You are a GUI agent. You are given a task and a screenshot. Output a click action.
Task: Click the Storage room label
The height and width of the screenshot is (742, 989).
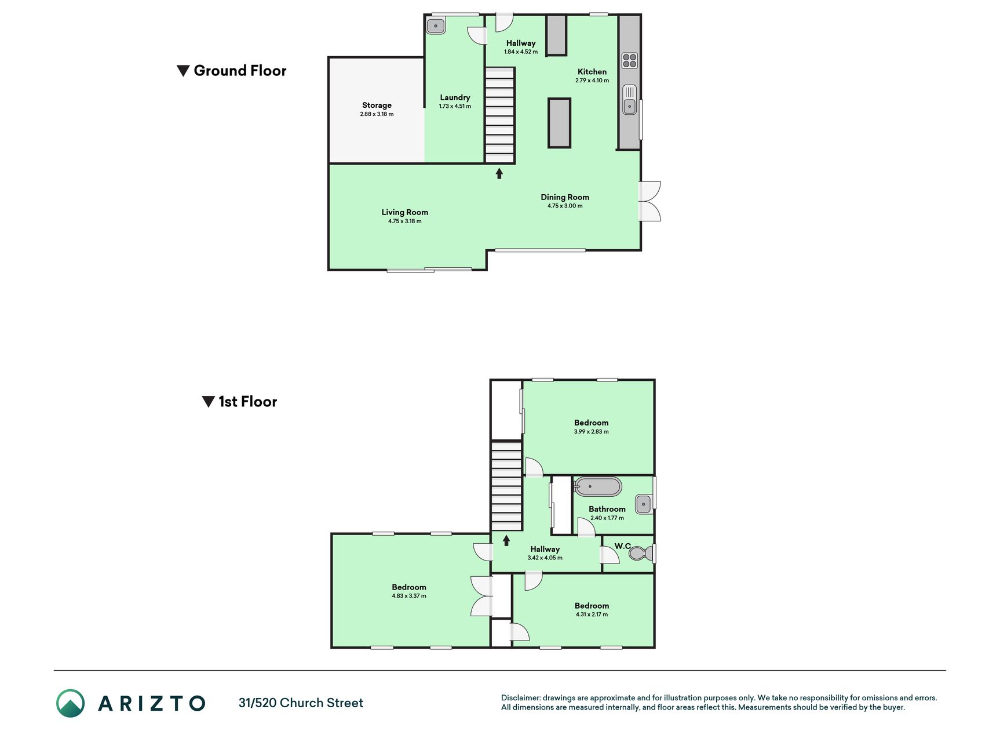coord(377,105)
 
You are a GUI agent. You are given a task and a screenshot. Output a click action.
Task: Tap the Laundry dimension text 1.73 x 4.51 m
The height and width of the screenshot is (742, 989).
coord(455,106)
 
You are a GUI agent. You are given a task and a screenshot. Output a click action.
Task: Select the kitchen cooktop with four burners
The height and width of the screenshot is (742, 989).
coord(630,60)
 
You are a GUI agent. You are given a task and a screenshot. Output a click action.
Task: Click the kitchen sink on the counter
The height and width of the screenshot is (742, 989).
coord(629,100)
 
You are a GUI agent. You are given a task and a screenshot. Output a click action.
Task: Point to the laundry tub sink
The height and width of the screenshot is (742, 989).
coord(436,26)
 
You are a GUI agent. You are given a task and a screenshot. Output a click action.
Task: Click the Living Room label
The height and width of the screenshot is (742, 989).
coord(405,212)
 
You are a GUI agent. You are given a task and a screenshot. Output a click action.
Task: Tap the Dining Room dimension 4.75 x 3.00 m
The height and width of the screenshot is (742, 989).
coord(565,206)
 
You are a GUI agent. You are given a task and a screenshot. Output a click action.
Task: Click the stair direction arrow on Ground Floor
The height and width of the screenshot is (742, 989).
coord(499,173)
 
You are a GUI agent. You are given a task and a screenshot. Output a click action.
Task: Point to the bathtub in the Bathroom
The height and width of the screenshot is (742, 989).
coord(598,486)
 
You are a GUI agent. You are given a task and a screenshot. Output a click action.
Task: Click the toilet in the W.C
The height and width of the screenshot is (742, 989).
coord(640,554)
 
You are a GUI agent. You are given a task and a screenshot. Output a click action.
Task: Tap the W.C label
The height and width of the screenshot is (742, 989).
coord(623,546)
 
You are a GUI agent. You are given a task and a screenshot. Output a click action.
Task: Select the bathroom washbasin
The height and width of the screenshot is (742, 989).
coord(644,504)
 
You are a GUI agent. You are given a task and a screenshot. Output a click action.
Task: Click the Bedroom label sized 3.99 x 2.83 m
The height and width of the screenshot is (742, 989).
coord(592,423)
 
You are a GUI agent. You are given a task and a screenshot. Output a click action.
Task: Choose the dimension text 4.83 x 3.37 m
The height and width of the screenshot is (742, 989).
coord(409,596)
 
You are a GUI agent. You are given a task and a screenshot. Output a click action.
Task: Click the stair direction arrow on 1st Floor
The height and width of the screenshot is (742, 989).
coord(506,541)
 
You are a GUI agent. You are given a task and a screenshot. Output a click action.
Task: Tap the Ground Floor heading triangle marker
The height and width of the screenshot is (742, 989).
coord(183,71)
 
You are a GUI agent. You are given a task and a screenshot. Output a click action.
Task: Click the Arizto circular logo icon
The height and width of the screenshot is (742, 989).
coord(71,703)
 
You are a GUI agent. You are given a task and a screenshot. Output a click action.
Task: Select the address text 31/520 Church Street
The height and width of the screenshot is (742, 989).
coord(301,703)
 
